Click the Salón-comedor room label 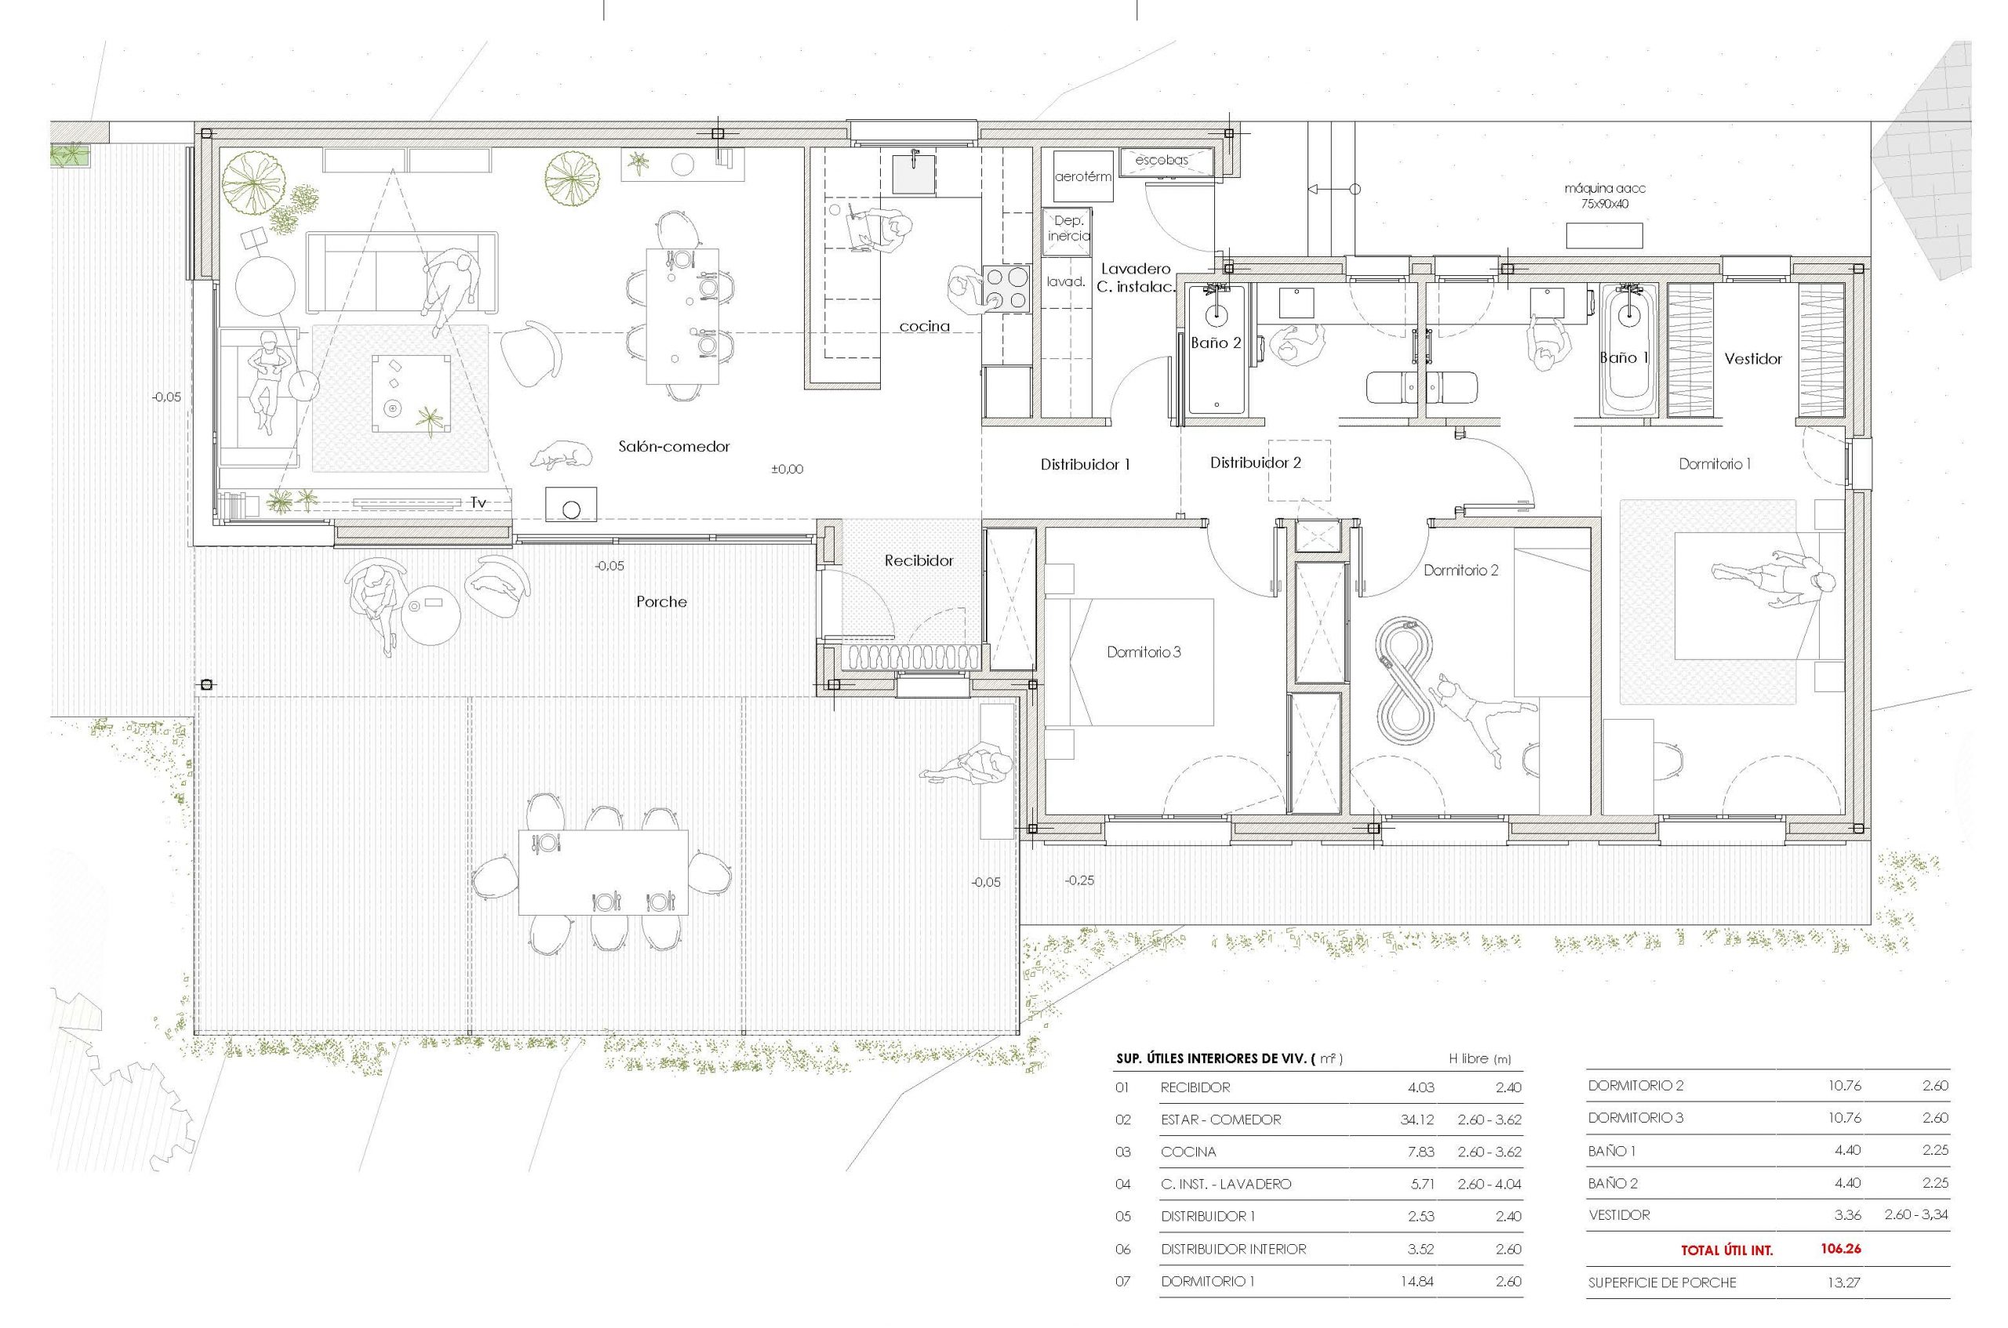(674, 446)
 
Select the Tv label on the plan (478, 503)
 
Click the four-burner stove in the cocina (1004, 288)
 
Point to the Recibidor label (919, 561)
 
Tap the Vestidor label (1753, 359)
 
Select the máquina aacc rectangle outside (1604, 235)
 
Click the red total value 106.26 (1840, 1248)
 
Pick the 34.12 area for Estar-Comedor (1417, 1119)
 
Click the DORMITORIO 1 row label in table (1207, 1282)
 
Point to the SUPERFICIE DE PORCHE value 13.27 (1843, 1283)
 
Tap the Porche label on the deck (661, 602)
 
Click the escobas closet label (1162, 159)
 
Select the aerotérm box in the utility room (1082, 177)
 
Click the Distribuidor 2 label (1255, 463)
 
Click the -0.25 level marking (1079, 881)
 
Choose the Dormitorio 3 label (1144, 652)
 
